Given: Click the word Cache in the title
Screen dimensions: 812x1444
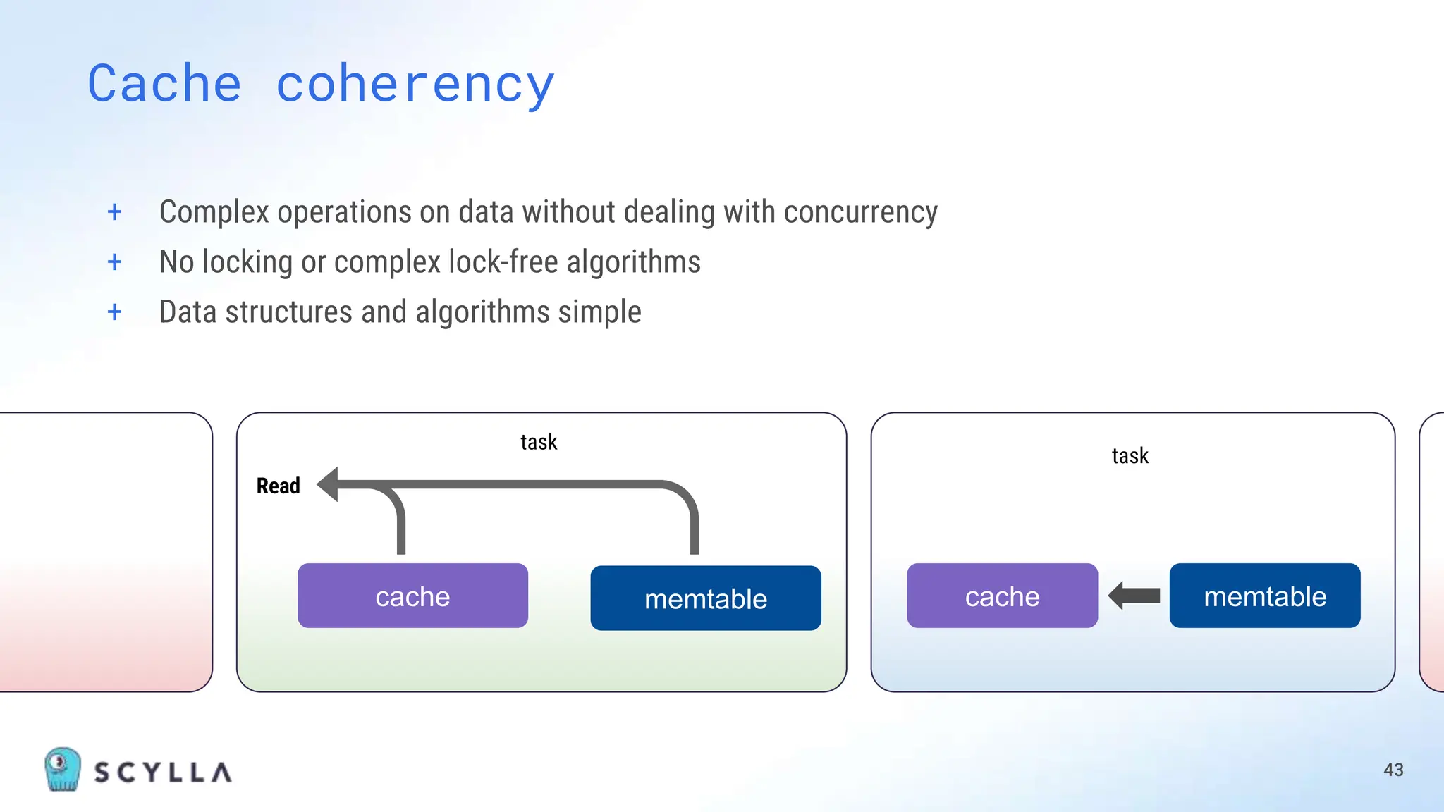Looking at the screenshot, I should coord(164,84).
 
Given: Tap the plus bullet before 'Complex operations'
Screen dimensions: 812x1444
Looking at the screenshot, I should coord(114,211).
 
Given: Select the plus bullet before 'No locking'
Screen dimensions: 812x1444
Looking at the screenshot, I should coord(114,262).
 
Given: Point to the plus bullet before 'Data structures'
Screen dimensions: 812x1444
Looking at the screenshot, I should coord(114,312).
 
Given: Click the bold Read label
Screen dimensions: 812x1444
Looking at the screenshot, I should coord(278,486).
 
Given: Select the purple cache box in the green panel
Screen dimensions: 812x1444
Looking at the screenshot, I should coord(412,596).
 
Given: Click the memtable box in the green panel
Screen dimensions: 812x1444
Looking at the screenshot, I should coord(706,598).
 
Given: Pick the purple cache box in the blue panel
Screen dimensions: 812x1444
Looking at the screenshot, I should coord(1002,596).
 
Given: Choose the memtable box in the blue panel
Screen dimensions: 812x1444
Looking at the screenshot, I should coord(1265,596).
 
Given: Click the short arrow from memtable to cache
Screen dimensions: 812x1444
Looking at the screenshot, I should coord(1134,596).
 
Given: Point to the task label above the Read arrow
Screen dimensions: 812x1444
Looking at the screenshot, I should coord(539,442).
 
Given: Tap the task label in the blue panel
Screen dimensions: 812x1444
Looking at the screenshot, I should coord(1130,456).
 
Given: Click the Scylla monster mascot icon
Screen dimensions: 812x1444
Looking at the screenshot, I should coord(62,769).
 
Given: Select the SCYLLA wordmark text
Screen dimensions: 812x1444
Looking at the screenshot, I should coord(163,773).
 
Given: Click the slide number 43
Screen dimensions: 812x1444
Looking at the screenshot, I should coord(1393,770).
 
